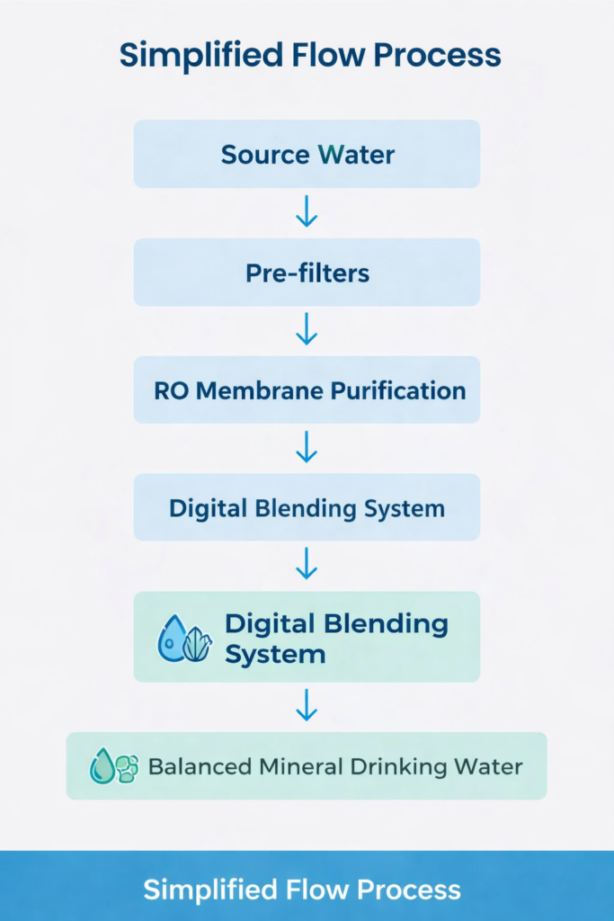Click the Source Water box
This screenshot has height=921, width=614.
click(307, 154)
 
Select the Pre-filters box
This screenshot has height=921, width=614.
click(307, 273)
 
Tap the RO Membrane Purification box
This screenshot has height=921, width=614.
click(307, 390)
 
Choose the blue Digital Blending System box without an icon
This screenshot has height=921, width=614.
click(307, 508)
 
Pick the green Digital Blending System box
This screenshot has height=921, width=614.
click(307, 637)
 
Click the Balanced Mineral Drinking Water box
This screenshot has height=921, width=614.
click(307, 766)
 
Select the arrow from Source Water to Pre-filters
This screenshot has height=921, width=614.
click(307, 211)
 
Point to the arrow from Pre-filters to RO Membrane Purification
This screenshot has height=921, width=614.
click(307, 330)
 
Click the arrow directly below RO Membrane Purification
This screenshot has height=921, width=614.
click(307, 448)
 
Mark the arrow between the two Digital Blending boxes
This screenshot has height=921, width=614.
click(307, 565)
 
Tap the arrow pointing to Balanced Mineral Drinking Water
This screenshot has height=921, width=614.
click(307, 705)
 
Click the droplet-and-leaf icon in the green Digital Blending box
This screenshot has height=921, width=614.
click(184, 639)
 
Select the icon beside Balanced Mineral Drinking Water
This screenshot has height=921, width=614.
click(114, 766)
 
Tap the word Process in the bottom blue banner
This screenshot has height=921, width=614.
click(409, 890)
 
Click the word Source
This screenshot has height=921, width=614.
click(263, 154)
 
